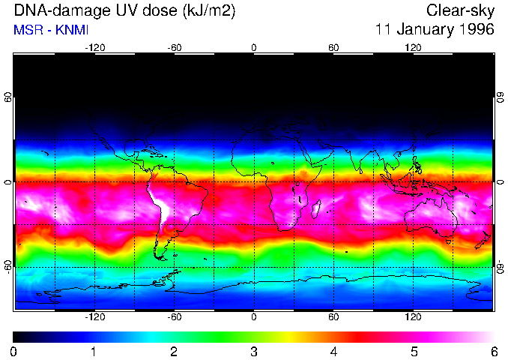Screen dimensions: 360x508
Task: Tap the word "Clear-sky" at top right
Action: point(460,10)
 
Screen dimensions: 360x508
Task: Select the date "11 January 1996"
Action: point(435,30)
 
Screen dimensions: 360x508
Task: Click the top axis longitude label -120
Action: point(94,47)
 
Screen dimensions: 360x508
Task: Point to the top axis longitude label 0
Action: point(254,47)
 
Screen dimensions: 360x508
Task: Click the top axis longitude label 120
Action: point(413,47)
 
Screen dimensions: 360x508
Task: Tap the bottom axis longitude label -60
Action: point(174,317)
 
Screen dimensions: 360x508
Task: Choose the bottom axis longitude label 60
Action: point(333,317)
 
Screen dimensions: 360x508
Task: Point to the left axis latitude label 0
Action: point(8,182)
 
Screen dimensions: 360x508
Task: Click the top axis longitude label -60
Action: point(174,47)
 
